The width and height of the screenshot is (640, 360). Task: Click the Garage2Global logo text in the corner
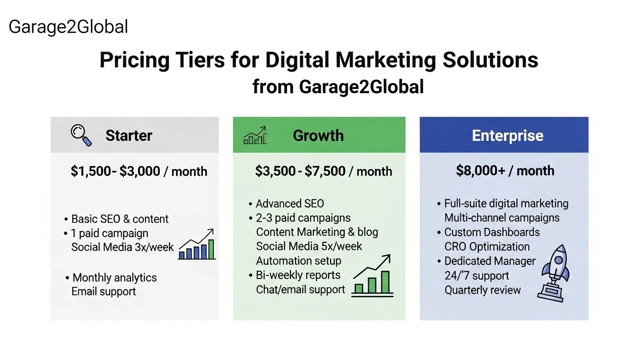68,27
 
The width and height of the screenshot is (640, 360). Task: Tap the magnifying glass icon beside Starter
81,135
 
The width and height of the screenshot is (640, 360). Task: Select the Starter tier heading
128,135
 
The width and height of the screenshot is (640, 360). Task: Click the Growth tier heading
318,135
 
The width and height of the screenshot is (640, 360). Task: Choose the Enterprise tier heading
508,135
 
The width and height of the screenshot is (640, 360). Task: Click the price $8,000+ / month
505,170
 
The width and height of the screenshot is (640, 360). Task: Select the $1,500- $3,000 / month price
139,171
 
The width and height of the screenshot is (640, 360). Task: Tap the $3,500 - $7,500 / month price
324,171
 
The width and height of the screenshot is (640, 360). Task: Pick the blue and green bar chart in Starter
197,245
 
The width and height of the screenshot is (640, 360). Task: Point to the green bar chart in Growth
373,277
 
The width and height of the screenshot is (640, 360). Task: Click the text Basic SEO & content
120,219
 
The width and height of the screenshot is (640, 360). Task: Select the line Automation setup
299,261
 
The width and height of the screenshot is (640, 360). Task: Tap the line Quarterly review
482,290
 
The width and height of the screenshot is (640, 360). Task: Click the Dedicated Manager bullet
489,261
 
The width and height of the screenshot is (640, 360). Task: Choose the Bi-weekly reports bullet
298,275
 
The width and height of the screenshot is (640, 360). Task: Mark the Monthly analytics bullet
114,277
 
